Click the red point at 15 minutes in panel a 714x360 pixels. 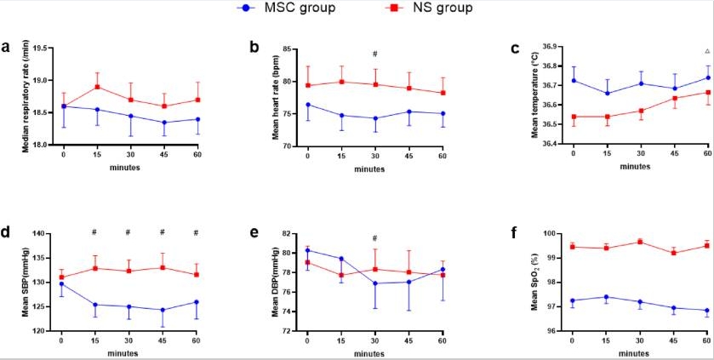click(98, 87)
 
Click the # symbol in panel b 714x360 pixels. click(374, 54)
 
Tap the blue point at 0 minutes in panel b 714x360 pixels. click(307, 105)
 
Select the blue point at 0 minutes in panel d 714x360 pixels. click(61, 284)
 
